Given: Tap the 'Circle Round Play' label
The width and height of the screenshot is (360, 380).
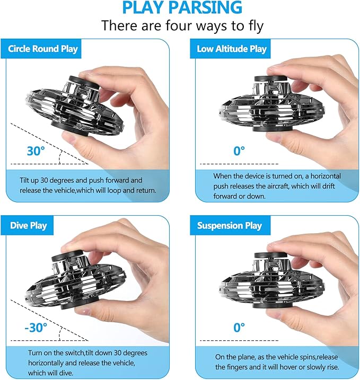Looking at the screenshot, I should coord(43,49).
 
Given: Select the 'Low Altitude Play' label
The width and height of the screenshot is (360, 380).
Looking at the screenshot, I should coord(232,49).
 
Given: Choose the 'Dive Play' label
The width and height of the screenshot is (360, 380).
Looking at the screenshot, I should coord(29,225).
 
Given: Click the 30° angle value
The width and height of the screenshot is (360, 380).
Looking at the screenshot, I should coord(34,151).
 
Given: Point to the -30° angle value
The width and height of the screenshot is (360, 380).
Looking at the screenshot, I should coord(36,327).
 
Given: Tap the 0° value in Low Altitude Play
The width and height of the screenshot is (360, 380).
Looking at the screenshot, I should coord(240,151).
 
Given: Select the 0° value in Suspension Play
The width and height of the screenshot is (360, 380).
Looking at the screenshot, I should coord(240,327).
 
